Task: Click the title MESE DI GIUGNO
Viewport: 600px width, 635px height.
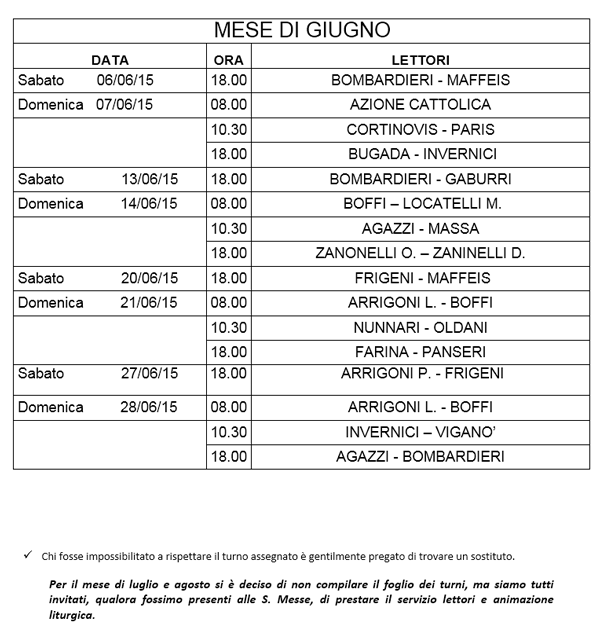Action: (x=300, y=29)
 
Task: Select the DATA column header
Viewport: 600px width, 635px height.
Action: (x=109, y=59)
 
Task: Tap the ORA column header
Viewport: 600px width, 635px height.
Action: (x=228, y=59)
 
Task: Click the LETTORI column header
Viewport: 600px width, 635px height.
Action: (x=420, y=59)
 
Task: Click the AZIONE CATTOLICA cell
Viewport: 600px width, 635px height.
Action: (x=420, y=104)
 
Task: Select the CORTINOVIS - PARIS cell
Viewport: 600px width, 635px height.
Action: (x=420, y=129)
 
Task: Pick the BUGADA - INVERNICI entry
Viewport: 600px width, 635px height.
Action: (x=420, y=154)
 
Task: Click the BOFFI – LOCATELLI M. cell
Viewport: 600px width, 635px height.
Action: (x=420, y=203)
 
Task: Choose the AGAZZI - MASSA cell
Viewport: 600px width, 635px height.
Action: (x=420, y=228)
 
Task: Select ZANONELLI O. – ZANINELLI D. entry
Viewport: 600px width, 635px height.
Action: (x=420, y=253)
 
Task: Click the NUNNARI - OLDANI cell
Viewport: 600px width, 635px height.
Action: (x=420, y=327)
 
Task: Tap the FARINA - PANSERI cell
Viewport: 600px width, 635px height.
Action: (x=420, y=352)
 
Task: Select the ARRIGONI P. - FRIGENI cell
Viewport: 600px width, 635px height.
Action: (x=420, y=374)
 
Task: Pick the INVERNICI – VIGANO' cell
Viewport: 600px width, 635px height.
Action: (x=420, y=432)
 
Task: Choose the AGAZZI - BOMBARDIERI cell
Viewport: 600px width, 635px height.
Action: (x=420, y=457)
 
